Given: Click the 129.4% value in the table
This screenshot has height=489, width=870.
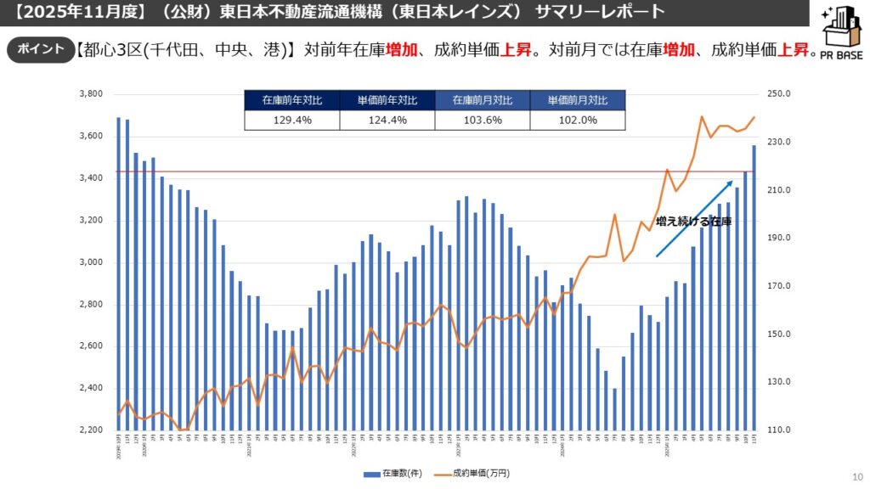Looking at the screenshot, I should [291, 121].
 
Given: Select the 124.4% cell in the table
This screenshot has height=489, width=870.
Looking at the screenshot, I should [387, 121].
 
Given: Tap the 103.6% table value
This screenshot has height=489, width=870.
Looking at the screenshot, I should [482, 121].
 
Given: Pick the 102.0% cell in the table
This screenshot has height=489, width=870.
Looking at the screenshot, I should [577, 121].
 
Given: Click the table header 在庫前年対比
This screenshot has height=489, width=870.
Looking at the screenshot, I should [291, 100].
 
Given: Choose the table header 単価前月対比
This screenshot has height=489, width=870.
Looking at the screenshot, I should [577, 100].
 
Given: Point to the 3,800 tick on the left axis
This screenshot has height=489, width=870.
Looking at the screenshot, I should [90, 94].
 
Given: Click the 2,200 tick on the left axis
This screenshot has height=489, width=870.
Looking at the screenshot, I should [90, 430].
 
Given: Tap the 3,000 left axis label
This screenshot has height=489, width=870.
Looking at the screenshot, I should [90, 262].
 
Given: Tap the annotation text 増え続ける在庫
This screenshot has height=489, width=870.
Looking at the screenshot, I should [693, 222].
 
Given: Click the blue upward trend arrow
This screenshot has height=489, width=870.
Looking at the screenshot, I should [694, 217].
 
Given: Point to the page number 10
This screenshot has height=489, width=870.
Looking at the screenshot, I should [856, 476].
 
